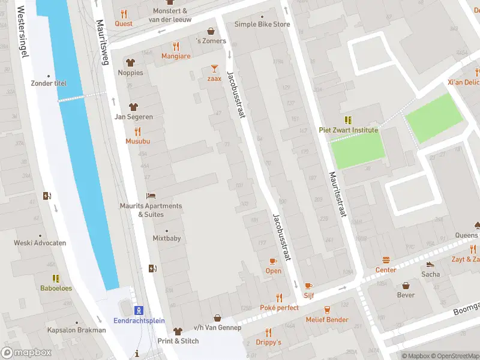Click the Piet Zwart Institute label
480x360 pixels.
point(348,130)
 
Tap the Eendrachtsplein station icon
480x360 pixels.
point(139,310)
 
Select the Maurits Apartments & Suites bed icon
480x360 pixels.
point(151,196)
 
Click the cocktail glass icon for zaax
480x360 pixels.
point(214,68)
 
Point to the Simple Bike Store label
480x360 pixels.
point(262,25)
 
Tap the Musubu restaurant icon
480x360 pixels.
point(137,131)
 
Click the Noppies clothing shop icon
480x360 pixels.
point(130,62)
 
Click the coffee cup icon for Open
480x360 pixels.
point(273,261)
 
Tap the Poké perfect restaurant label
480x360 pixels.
point(279,308)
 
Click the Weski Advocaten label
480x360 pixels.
point(40,243)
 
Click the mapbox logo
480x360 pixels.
point(26,353)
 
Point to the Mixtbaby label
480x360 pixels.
point(166,238)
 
